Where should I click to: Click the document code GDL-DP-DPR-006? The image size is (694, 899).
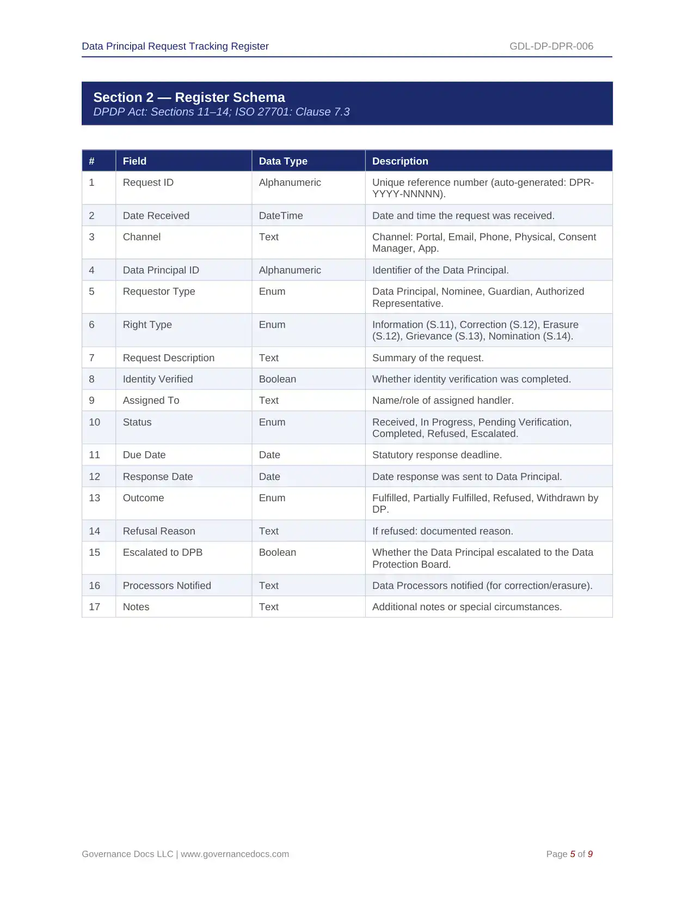[551, 46]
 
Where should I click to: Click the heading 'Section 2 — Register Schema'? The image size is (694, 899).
[189, 98]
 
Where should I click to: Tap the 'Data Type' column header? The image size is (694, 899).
[283, 161]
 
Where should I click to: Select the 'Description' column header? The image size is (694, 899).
[400, 161]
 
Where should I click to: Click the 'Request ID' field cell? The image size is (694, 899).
[148, 183]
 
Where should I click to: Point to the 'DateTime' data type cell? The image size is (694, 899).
[281, 216]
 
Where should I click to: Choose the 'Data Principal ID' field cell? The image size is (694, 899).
[161, 270]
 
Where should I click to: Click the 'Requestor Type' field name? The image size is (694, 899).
[159, 291]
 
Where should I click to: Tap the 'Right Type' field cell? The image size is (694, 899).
[148, 325]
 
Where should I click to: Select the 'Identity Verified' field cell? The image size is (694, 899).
[158, 379]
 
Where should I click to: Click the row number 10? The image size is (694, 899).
[95, 422]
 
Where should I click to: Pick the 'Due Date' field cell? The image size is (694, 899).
[144, 455]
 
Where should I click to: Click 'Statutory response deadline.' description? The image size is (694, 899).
[437, 455]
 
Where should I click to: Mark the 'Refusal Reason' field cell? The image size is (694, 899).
[159, 531]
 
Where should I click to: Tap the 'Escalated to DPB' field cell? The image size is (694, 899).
[163, 552]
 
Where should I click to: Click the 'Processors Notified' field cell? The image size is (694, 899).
[167, 586]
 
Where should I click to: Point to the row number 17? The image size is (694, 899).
[95, 607]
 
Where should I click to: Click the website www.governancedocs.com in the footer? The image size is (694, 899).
[235, 854]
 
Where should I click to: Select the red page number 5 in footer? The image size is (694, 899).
[573, 854]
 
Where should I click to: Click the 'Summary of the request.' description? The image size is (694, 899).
[428, 358]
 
